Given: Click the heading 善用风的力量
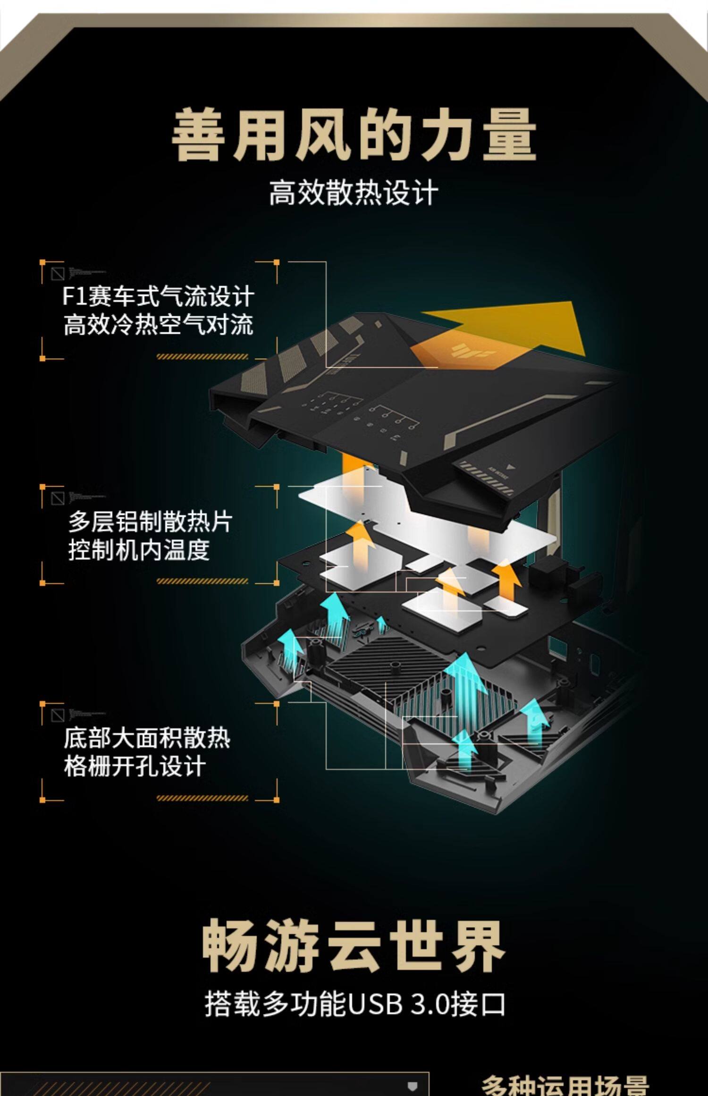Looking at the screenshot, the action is click(x=354, y=134).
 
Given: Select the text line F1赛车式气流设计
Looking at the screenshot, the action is click(x=159, y=297).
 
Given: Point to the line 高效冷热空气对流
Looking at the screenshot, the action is click(x=159, y=325).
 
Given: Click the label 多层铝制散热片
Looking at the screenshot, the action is click(x=151, y=522).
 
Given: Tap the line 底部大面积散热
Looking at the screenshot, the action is click(x=147, y=738).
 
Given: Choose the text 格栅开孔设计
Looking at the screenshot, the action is click(x=135, y=766).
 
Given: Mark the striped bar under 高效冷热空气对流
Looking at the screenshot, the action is click(x=202, y=357).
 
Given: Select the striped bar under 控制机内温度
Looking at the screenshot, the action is click(x=202, y=582).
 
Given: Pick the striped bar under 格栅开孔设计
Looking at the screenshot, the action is click(x=202, y=798).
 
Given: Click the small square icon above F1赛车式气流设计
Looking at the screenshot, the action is click(x=58, y=274).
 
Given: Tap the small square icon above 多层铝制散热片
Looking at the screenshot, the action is click(x=58, y=498).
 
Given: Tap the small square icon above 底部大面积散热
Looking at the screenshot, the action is click(x=58, y=715).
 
